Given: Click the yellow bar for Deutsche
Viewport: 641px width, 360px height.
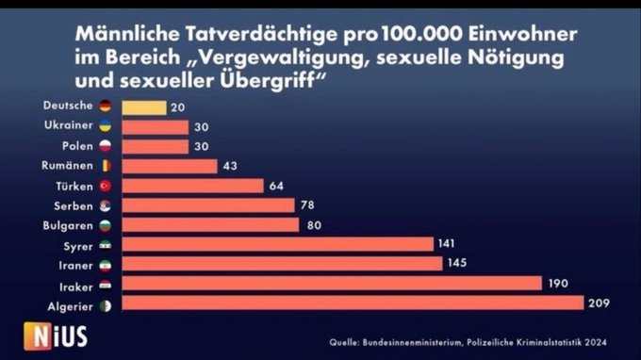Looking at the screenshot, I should click(144, 107).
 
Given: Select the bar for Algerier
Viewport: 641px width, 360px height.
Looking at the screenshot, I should click(353, 303).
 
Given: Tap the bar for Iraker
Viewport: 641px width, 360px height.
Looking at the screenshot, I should click(332, 284).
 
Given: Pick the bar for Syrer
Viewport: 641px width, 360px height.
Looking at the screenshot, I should click(277, 244).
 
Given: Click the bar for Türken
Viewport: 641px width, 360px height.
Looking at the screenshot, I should click(192, 186).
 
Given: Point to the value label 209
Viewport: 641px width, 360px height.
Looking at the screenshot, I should click(600, 303).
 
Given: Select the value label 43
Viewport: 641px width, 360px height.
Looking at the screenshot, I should click(230, 166).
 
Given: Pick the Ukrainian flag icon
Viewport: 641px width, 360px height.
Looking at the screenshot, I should click(105, 126).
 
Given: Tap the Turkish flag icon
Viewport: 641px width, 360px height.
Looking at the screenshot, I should click(105, 186).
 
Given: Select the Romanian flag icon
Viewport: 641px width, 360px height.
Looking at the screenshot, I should click(105, 166).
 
